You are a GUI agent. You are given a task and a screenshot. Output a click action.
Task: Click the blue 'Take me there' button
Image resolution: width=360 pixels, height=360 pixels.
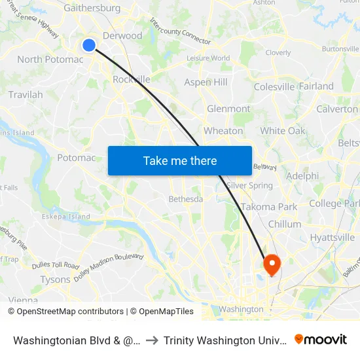[x=179, y=160]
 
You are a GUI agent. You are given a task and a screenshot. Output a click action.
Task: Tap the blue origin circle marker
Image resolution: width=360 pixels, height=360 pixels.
[x=89, y=45]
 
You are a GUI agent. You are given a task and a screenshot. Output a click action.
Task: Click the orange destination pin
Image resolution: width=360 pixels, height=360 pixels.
[x=271, y=264]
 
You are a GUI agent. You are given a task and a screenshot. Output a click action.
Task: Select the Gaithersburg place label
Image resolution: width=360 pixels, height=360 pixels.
[x=92, y=9]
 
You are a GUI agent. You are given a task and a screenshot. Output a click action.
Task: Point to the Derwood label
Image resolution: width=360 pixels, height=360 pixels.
[x=122, y=36]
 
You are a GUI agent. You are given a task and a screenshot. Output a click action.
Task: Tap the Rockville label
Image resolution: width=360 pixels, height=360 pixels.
[x=132, y=79]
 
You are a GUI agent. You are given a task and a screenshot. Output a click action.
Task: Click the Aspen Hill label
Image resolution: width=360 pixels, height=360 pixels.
[x=206, y=82]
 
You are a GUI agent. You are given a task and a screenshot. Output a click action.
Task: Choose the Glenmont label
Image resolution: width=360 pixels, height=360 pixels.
[x=228, y=109]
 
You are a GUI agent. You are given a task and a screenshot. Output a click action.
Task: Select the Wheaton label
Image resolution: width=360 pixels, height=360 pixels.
[x=223, y=131]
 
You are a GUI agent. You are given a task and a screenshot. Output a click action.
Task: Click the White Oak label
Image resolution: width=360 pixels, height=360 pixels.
[x=283, y=131]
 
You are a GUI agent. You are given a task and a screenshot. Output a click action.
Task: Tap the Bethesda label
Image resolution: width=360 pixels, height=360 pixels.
[x=186, y=199]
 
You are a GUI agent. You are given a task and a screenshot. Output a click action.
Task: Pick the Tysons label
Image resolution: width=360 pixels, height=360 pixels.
[x=55, y=279]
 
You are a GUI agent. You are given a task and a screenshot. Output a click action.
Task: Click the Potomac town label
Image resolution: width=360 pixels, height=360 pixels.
[x=77, y=158]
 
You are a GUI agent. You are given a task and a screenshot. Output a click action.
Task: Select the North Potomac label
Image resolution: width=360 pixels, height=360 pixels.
[x=50, y=60]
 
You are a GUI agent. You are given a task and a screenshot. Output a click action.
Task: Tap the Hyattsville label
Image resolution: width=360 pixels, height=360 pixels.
[x=333, y=238]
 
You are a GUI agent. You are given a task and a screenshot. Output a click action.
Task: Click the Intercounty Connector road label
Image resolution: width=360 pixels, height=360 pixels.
[x=180, y=31]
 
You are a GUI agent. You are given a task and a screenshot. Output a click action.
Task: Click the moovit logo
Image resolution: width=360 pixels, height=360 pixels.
[x=321, y=340]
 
